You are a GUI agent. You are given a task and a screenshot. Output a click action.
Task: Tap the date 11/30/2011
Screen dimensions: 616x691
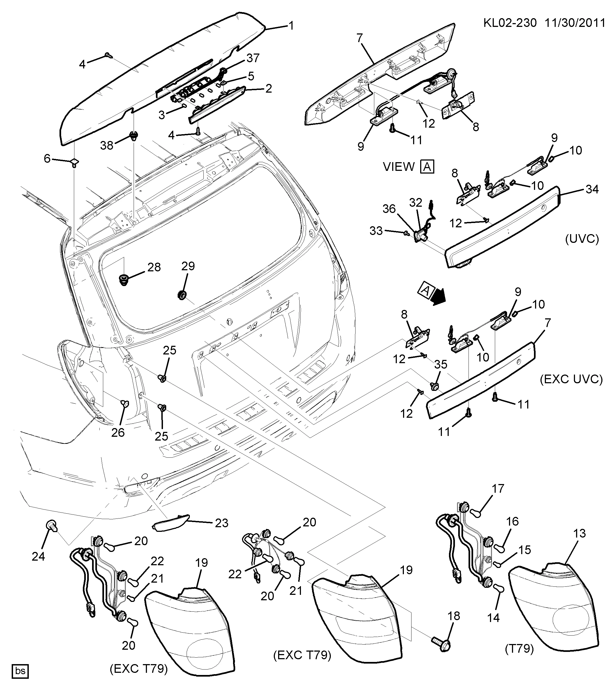point(575,23)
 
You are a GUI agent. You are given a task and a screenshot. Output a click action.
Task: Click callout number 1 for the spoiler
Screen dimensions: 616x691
point(291,26)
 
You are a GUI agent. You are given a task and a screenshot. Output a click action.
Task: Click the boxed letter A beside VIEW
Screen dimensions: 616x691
point(428,167)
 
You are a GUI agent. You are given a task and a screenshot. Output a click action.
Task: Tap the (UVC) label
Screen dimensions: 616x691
point(582,239)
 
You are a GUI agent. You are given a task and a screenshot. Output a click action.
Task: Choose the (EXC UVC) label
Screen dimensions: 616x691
point(571,379)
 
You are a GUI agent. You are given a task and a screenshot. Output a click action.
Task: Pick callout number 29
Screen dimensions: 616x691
point(188,266)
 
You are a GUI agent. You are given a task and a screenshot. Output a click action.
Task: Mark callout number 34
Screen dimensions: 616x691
point(592,189)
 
